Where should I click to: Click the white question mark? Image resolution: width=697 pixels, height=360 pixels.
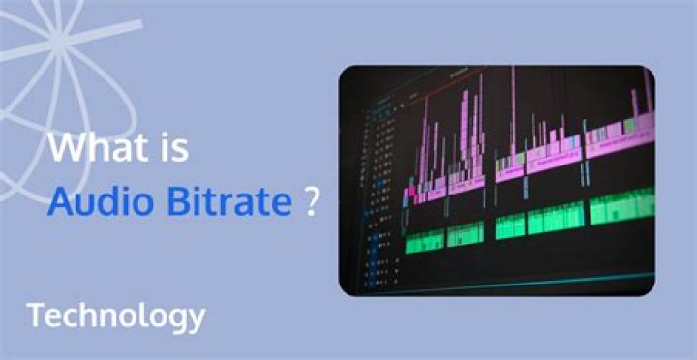pyautogui.click(x=312, y=202)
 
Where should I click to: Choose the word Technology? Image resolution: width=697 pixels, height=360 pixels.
pyautogui.click(x=115, y=315)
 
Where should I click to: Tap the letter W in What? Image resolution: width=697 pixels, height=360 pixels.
pyautogui.click(x=65, y=151)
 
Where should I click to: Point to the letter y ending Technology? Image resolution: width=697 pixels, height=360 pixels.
pyautogui.click(x=197, y=319)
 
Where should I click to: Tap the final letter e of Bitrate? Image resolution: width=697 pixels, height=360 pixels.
pyautogui.click(x=281, y=204)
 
